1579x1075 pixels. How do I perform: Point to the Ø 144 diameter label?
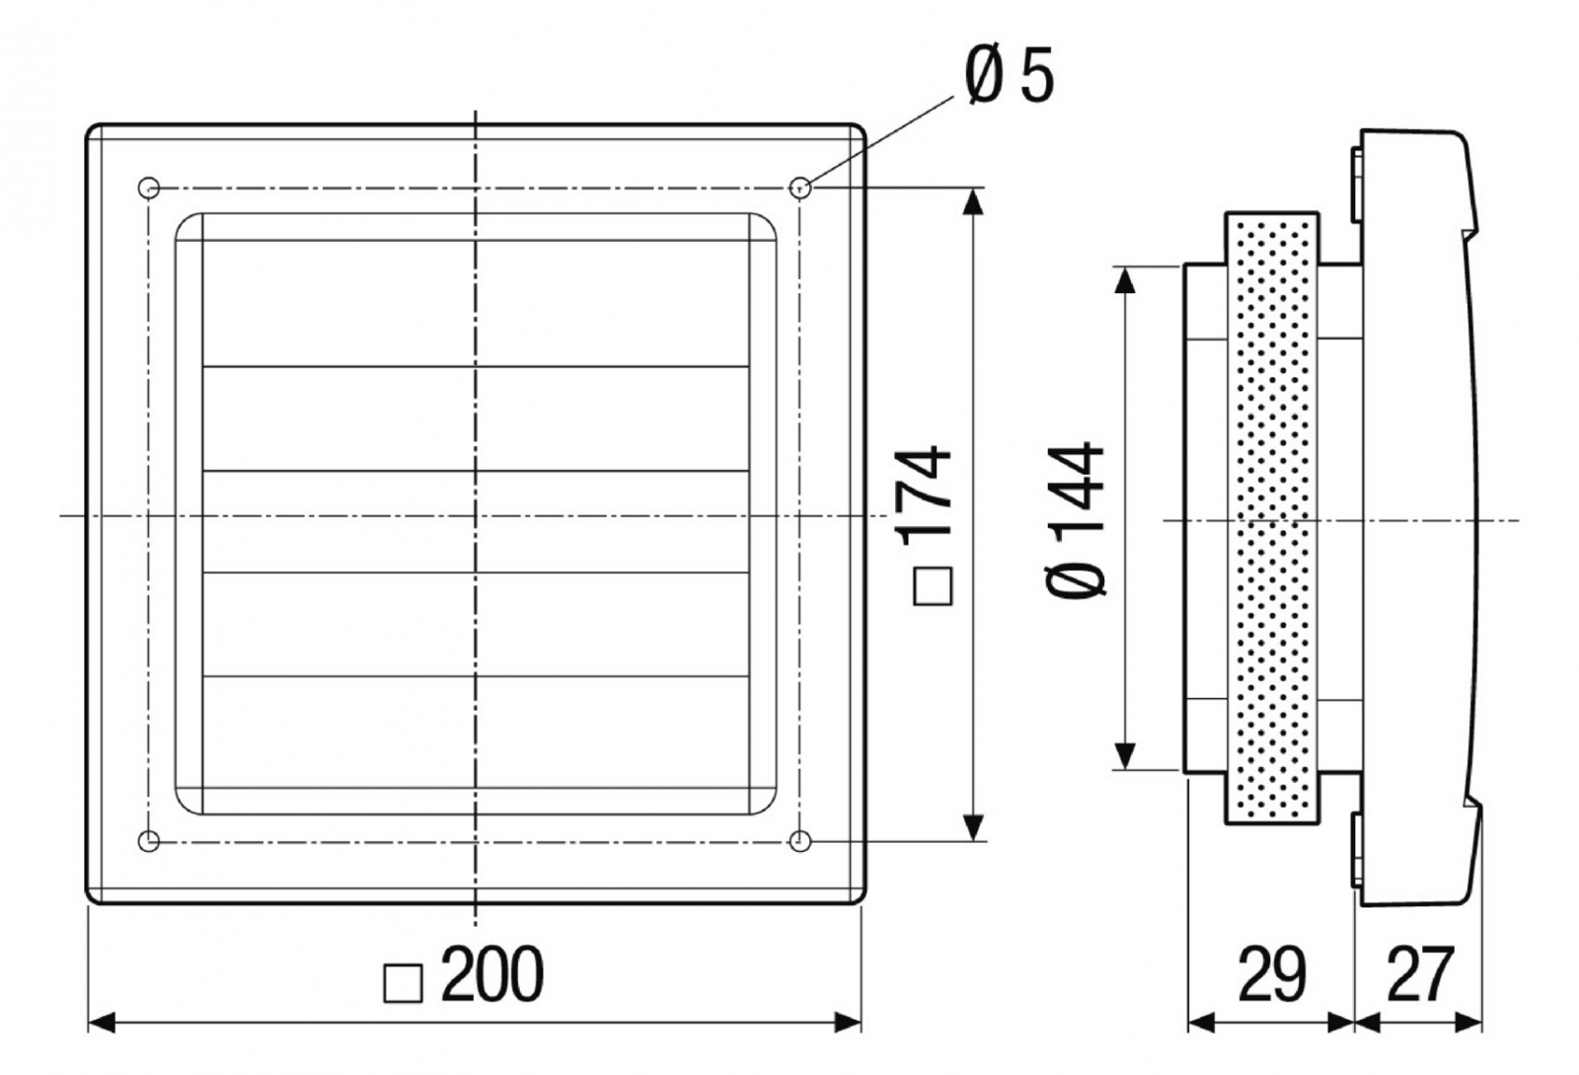tap(1077, 518)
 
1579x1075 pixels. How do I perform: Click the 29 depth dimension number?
tap(1270, 974)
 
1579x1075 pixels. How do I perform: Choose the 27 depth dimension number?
tap(1419, 974)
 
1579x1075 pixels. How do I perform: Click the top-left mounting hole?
tap(149, 187)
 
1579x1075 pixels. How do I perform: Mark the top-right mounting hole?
tap(800, 186)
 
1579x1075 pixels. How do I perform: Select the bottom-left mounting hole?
tap(149, 841)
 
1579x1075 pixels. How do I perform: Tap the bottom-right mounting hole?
tap(800, 841)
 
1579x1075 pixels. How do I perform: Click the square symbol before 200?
tap(403, 983)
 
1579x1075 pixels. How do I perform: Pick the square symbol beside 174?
tap(933, 585)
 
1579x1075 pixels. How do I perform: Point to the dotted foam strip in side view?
tap(1272, 518)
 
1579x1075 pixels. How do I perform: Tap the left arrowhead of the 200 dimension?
tap(103, 1022)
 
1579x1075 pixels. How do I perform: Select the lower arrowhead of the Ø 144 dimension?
tap(1124, 755)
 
